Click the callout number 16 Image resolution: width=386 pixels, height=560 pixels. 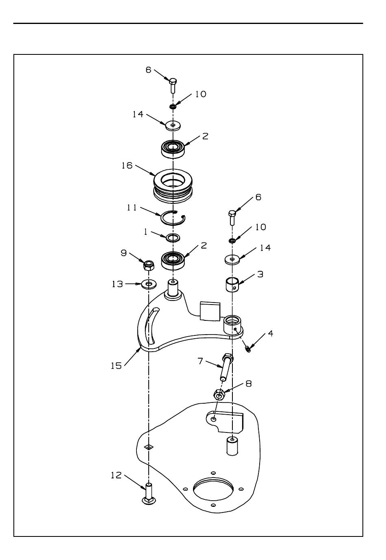(x=127, y=165)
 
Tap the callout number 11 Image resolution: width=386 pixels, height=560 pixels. (x=132, y=207)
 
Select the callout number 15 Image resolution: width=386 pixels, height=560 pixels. (x=116, y=366)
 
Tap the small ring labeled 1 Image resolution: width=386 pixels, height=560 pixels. (x=173, y=238)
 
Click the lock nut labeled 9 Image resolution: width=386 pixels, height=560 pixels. (x=149, y=265)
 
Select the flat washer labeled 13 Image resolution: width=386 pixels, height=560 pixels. (x=149, y=284)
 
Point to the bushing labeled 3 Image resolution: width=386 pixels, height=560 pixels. (x=232, y=284)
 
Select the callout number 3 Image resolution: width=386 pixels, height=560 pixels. (x=260, y=274)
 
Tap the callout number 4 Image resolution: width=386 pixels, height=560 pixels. (x=271, y=333)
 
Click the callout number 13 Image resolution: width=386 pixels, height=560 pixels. (x=117, y=284)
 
